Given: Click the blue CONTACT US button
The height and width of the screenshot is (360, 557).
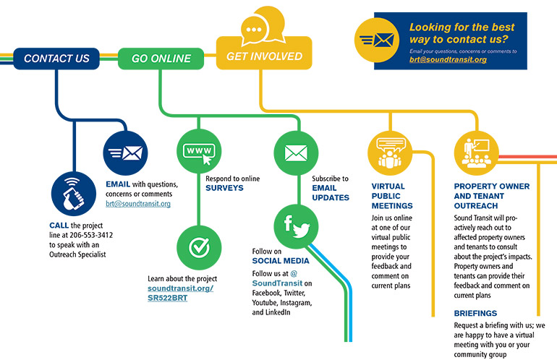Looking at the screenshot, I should [56, 59].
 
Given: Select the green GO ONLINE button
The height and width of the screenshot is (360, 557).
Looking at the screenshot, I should [161, 59].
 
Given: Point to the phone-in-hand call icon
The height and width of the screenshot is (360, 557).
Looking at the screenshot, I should [72, 194].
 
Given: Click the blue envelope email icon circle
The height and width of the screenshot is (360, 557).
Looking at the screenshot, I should [125, 153].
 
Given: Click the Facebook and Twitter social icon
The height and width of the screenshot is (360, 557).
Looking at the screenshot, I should [295, 226].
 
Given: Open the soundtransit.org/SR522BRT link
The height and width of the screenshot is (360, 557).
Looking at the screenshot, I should [181, 293].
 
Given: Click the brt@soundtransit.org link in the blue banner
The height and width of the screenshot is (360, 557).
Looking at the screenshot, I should [448, 59].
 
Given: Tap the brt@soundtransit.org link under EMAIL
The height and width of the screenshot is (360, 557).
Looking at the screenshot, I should [138, 204].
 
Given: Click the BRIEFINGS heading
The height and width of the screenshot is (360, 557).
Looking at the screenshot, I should [475, 313].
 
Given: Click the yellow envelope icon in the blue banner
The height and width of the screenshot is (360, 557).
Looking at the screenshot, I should [384, 40].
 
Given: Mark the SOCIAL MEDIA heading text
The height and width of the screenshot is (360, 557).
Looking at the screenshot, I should [281, 260].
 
